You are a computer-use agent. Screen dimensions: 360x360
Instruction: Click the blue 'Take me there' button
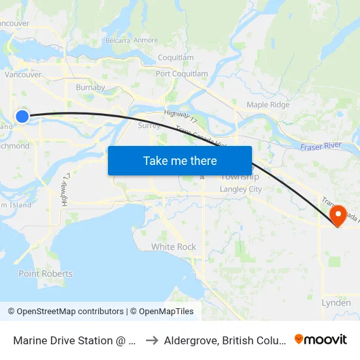click(180, 160)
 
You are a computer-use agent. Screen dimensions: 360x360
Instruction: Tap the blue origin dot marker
click(22, 117)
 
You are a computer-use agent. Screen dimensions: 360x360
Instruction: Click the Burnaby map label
click(90, 87)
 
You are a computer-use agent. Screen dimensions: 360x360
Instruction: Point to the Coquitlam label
click(176, 58)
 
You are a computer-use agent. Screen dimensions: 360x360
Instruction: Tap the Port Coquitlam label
click(181, 74)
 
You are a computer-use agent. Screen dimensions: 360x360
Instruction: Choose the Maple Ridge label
click(268, 105)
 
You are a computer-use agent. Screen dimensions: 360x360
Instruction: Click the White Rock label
click(173, 247)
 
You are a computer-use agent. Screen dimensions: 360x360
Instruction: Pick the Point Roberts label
click(45, 274)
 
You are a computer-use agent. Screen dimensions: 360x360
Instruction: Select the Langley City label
click(240, 189)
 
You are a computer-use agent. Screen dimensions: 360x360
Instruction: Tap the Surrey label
click(149, 126)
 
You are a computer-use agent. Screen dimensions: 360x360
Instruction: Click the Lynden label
click(336, 303)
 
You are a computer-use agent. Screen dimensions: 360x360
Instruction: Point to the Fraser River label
click(321, 147)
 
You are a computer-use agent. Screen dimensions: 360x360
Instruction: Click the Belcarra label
click(118, 41)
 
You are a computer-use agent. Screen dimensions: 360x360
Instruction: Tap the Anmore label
click(146, 41)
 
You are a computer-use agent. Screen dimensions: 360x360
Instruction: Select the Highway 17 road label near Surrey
click(181, 117)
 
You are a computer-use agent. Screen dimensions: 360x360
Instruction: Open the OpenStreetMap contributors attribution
click(65, 312)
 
